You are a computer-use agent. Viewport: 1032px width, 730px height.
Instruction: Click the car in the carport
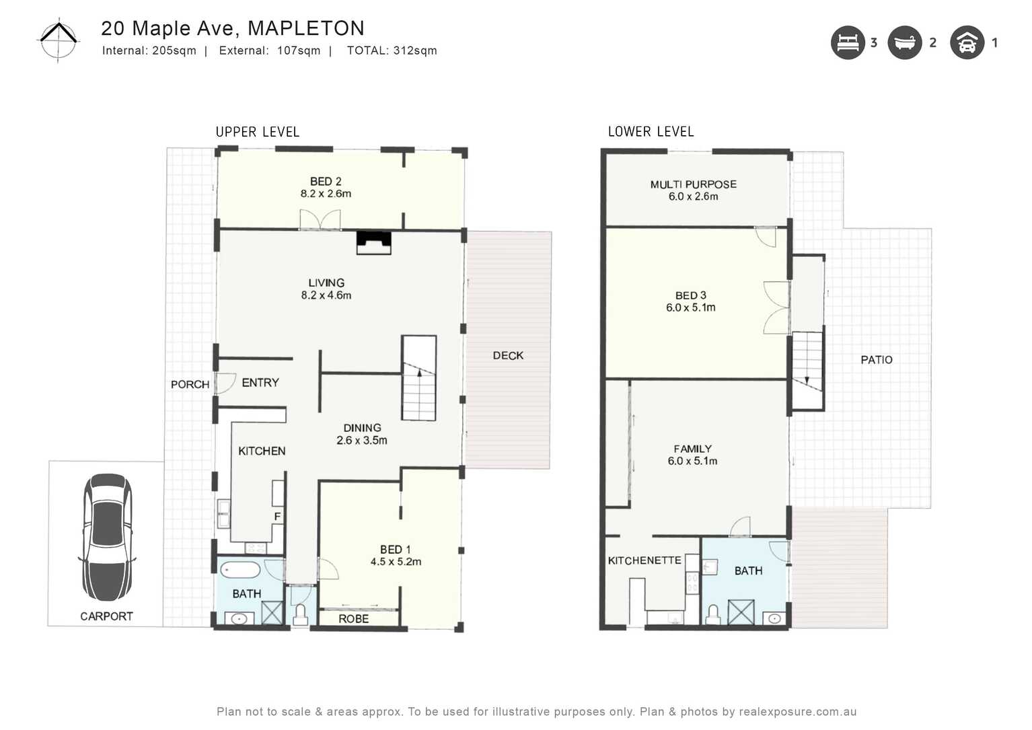107,538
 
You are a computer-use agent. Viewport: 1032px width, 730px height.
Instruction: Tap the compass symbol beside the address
59,40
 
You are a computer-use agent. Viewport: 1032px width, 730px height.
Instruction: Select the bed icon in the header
847,43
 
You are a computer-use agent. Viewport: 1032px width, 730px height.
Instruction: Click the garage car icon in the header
967,43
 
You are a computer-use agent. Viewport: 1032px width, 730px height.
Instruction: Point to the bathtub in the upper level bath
240,570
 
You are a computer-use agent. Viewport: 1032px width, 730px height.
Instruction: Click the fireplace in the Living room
373,242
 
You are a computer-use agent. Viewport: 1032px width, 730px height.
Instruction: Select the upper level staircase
419,378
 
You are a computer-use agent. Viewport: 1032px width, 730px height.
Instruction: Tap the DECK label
508,355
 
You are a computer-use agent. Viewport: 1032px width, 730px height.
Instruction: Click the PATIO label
876,360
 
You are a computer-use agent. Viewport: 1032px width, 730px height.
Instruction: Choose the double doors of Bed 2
320,220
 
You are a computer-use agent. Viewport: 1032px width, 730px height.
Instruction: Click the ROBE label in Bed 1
353,619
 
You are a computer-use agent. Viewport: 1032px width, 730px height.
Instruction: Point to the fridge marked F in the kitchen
277,516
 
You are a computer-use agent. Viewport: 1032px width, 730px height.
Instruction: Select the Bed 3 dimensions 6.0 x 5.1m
690,307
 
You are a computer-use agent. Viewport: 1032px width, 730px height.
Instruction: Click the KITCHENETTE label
644,560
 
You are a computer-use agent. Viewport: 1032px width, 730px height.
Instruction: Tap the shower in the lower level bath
741,612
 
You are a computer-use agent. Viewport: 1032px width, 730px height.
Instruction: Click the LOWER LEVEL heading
651,132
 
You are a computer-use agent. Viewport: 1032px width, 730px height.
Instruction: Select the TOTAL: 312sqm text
392,50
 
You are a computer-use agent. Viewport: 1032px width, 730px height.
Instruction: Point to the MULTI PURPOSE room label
693,184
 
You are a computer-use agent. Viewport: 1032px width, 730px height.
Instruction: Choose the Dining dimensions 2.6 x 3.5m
362,441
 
